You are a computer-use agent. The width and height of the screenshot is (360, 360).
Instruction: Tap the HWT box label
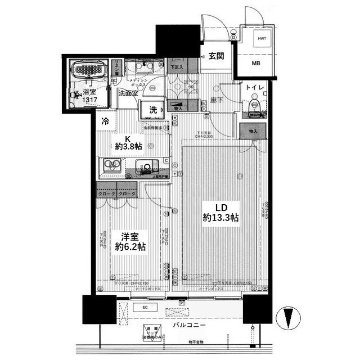tap(262, 38)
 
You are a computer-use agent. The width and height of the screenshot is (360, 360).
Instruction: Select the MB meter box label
tap(256, 63)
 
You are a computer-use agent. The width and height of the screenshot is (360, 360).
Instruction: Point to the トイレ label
tap(253, 88)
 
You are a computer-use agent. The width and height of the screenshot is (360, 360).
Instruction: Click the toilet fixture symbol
tap(254, 105)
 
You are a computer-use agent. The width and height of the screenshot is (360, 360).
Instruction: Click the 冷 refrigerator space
tap(105, 120)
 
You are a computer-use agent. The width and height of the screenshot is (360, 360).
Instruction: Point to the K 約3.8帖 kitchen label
tap(128, 143)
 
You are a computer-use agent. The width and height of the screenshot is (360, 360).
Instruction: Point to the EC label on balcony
tap(145, 307)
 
